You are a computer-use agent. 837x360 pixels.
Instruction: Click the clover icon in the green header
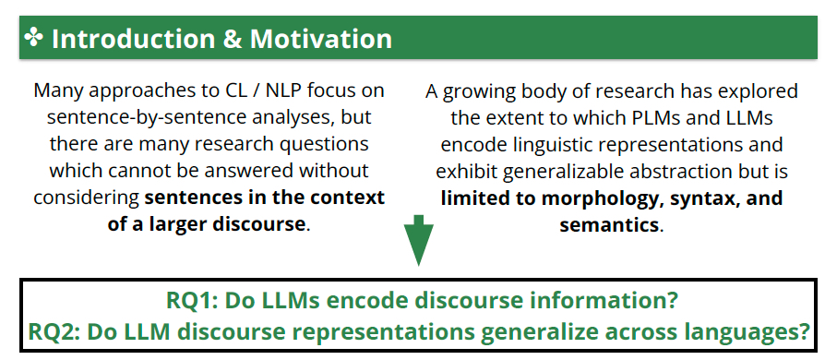tap(33, 38)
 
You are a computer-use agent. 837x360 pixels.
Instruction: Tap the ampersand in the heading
tap(234, 39)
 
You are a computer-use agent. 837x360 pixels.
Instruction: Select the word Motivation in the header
tap(321, 39)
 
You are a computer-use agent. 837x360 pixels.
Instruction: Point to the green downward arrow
tap(419, 240)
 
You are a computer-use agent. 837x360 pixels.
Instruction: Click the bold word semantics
tap(609, 225)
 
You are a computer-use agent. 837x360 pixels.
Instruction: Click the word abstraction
tap(674, 171)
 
